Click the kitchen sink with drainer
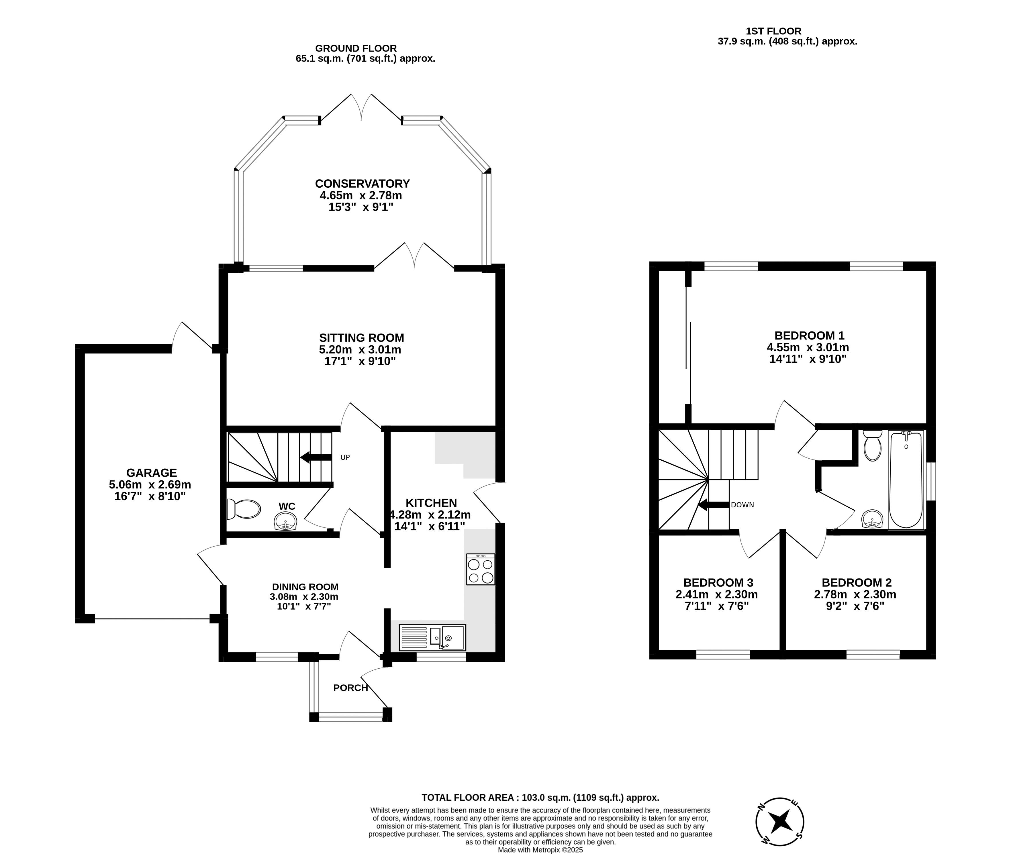(432, 637)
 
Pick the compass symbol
(779, 822)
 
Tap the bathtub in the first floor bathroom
(906, 479)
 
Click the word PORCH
(350, 688)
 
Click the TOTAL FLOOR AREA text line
(540, 798)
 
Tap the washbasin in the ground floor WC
(286, 523)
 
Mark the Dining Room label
(305, 587)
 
